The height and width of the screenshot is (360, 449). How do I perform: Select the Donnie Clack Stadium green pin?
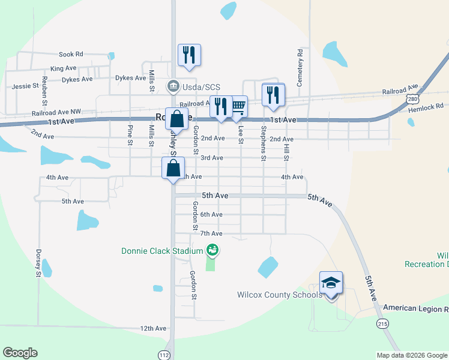tap(211, 249)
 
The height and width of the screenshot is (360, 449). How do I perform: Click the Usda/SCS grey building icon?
tap(173, 86)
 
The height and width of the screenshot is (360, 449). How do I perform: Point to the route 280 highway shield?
tap(411, 97)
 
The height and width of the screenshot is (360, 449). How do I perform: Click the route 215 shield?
tap(382, 323)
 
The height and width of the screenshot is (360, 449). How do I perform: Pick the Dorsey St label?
tap(38, 263)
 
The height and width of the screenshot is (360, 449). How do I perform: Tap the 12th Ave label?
tap(153, 328)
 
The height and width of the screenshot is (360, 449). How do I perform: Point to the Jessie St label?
tap(25, 86)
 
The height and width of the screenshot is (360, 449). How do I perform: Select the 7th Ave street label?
tap(211, 233)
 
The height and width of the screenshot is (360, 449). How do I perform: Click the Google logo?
tap(20, 353)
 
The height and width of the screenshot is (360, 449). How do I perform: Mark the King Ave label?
tap(64, 69)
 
